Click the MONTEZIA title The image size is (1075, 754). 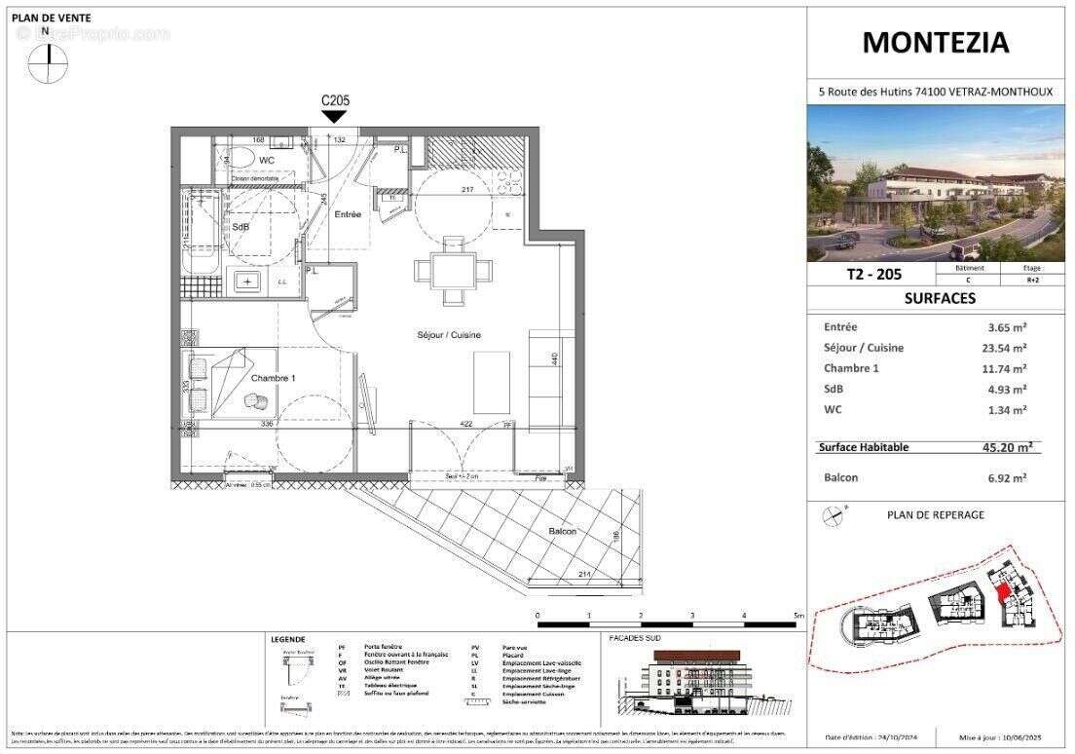(936, 43)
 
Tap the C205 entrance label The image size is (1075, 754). (335, 100)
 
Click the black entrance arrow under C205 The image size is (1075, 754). (334, 117)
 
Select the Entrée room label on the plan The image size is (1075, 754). (348, 214)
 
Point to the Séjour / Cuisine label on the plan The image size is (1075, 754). (444, 335)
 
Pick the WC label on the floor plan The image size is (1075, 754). (267, 160)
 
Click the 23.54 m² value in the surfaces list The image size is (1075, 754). (1007, 348)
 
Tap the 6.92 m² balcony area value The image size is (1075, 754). (1007, 478)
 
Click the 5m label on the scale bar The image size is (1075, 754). (797, 617)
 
